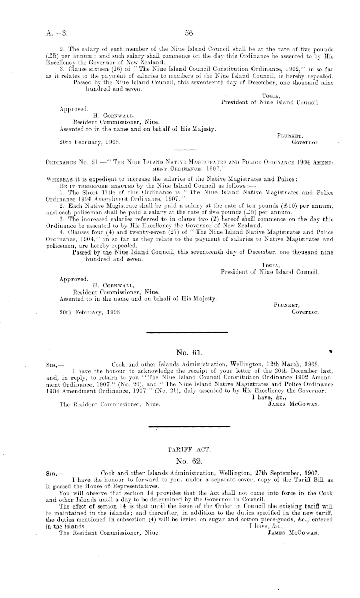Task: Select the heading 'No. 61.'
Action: click(188, 353)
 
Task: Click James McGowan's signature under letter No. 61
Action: click(294, 404)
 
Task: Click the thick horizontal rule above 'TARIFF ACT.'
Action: click(188, 426)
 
